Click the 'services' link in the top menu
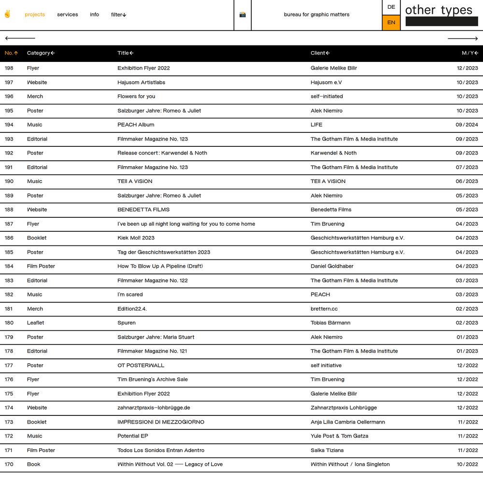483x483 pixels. coord(67,14)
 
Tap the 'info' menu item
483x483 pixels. coord(94,14)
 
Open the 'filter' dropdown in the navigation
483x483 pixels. coord(118,14)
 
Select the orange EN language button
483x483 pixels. coord(391,22)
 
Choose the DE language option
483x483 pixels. coord(391,7)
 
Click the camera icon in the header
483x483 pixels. coord(242,14)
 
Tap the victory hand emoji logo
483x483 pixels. coord(7,14)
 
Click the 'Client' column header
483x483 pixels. coord(320,53)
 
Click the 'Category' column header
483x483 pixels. coord(41,53)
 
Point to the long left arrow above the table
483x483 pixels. coord(20,38)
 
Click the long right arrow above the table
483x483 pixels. coord(462,38)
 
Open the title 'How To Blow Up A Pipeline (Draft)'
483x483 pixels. coord(160,266)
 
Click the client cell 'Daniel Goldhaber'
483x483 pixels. coord(332,266)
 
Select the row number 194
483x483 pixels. coord(9,125)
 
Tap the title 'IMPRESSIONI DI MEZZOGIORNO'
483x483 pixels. coord(161,422)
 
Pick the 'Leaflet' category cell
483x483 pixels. coord(36,323)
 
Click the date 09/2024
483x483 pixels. coord(467,125)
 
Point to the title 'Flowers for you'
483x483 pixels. coord(136,97)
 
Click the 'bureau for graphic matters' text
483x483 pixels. coord(316,14)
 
